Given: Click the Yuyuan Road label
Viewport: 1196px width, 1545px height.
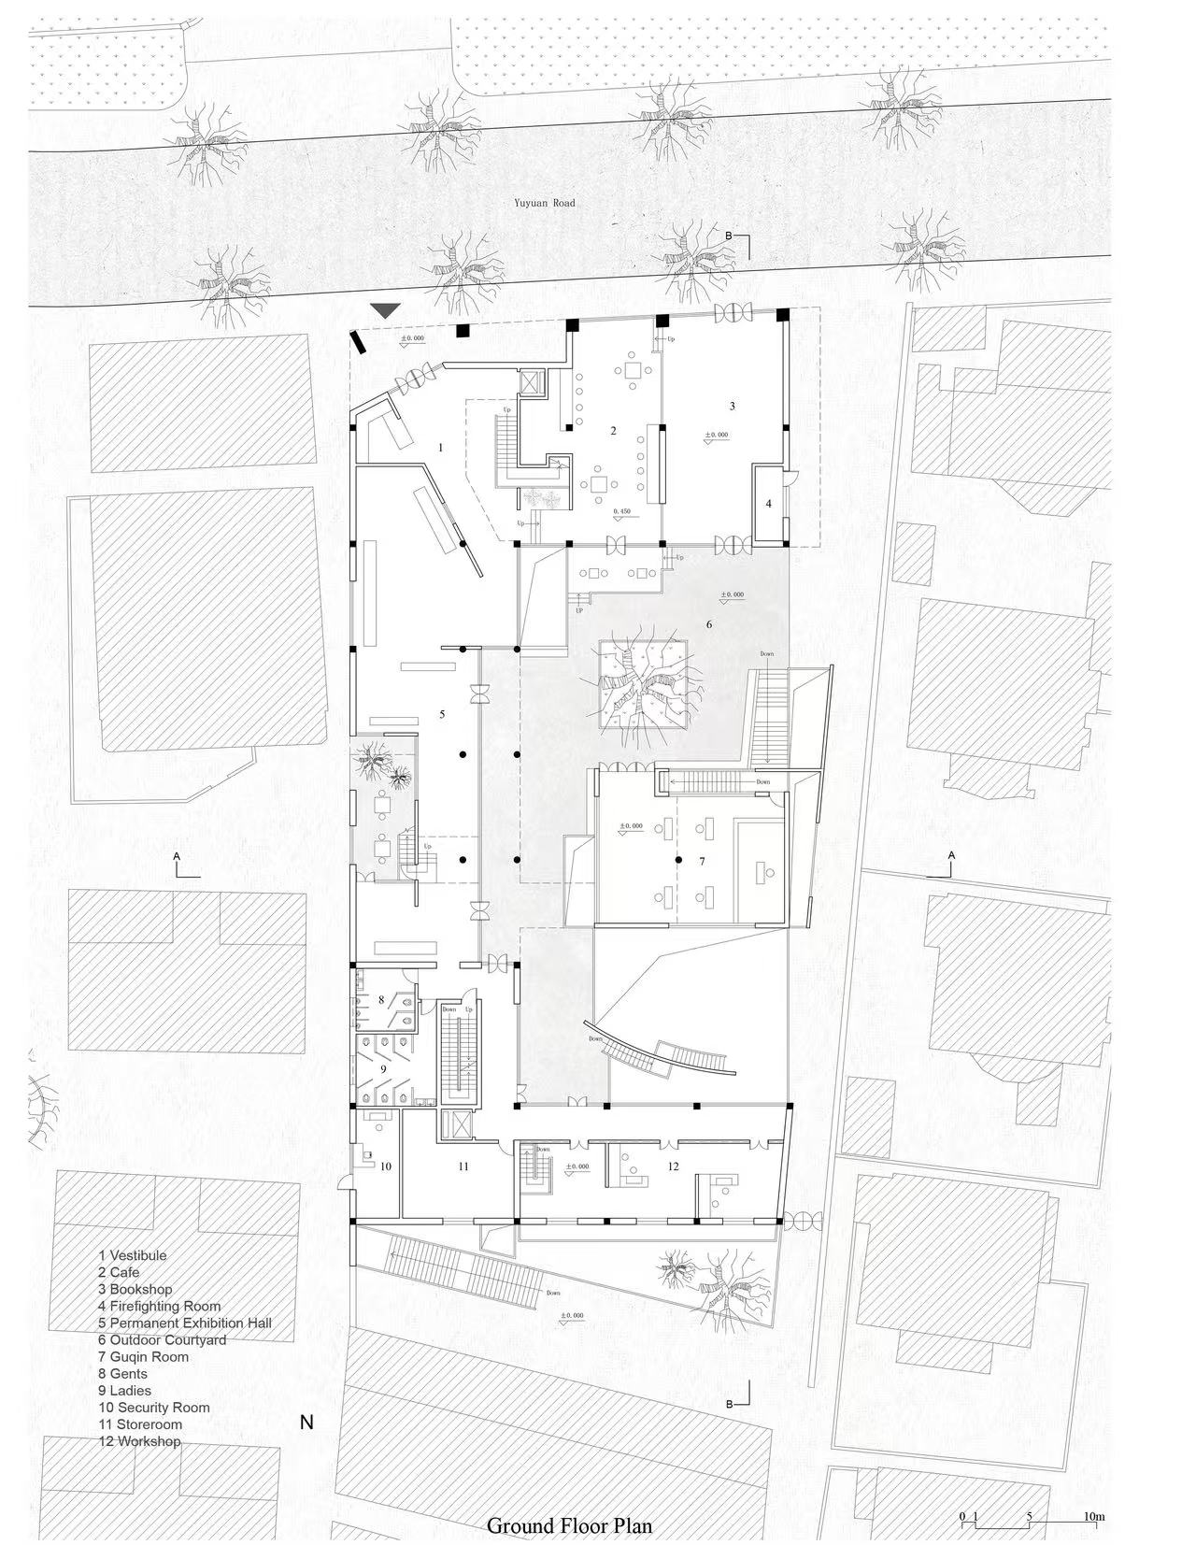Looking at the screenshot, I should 544,203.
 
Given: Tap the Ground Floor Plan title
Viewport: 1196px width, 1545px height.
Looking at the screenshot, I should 569,1525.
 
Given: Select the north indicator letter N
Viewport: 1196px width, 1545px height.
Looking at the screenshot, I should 306,1423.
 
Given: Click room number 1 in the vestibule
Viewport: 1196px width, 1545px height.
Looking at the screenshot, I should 440,448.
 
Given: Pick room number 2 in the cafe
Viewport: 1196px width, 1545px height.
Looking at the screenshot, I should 613,431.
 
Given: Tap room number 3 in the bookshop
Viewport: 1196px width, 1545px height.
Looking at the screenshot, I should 733,406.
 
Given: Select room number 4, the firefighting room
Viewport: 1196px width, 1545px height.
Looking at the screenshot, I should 769,504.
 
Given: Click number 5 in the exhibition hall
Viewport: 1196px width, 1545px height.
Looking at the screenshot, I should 442,714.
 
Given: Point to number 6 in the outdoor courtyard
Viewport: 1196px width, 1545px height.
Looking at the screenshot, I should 709,623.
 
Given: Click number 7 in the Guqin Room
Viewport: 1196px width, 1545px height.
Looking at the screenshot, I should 702,861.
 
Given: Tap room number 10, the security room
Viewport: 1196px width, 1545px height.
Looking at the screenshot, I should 385,1166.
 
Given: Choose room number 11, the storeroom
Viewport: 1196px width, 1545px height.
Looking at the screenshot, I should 463,1166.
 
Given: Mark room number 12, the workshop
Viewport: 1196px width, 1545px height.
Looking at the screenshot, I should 673,1166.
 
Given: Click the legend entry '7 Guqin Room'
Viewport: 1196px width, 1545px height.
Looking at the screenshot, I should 143,1356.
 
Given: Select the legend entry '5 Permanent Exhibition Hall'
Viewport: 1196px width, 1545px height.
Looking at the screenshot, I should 185,1323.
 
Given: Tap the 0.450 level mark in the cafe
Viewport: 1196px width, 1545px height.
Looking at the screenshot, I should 622,512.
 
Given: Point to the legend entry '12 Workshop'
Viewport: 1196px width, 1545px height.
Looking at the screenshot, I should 139,1441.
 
